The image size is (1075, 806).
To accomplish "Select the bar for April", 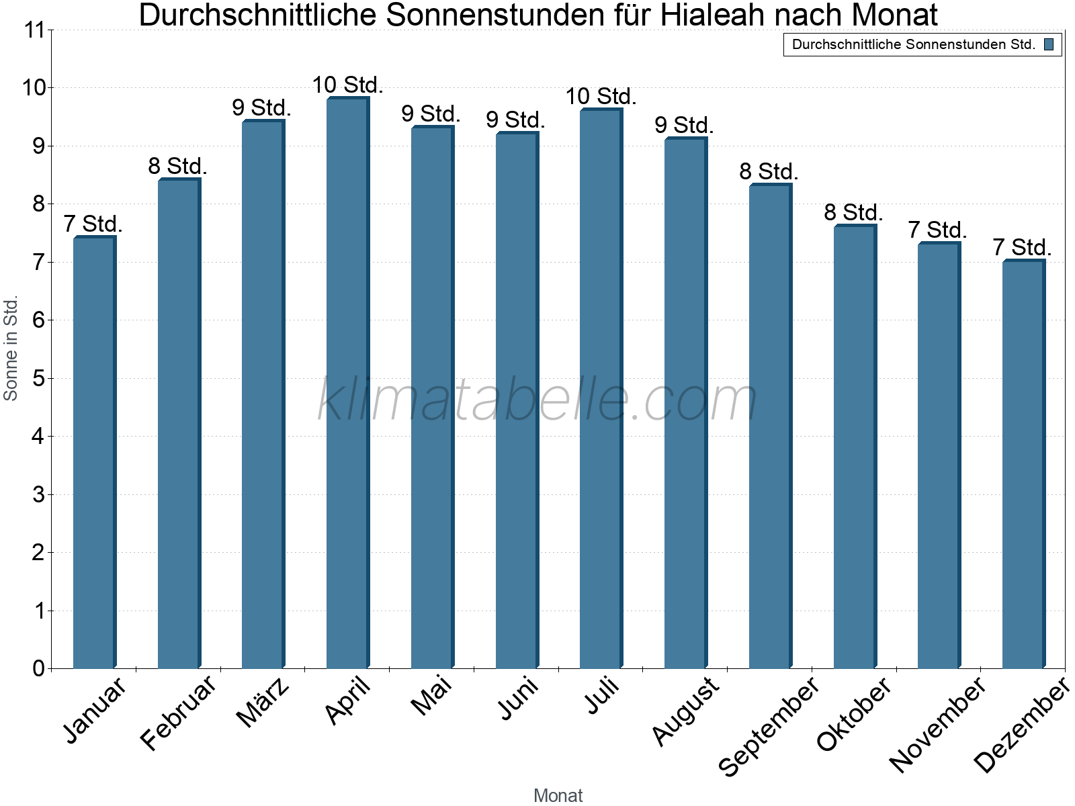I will tap(347, 383).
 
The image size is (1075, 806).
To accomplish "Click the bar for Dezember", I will tap(1023, 463).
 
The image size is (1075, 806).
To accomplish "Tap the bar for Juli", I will tap(601, 388).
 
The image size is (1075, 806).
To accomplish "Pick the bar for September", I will tap(770, 426).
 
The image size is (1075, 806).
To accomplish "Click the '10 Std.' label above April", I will tap(347, 85).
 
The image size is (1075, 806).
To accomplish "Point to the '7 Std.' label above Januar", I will tap(93, 224).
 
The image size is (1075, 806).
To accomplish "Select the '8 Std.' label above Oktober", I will tap(853, 213).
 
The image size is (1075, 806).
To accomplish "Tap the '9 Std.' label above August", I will tap(684, 126).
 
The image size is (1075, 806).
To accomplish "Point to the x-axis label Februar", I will tap(179, 712).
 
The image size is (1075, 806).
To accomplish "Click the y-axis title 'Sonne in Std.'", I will tap(11, 348).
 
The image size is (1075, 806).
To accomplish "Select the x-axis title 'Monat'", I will tap(558, 795).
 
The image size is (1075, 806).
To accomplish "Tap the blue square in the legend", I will tap(1049, 45).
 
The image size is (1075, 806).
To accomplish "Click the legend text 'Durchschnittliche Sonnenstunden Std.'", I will tap(914, 45).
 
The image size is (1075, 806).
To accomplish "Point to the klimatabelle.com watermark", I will tap(537, 400).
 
